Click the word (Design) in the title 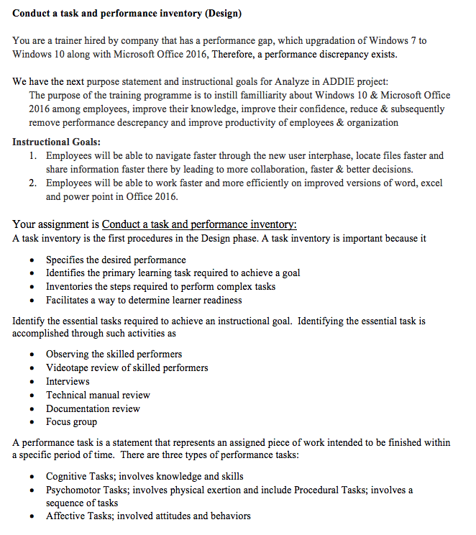[x=219, y=13]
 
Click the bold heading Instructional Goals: [x=56, y=142]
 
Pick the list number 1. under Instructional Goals [x=34, y=155]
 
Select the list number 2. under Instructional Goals [x=34, y=183]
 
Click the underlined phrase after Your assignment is [x=199, y=224]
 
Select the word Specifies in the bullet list [x=68, y=260]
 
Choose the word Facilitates [x=70, y=300]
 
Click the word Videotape [x=70, y=367]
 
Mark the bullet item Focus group [x=71, y=422]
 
